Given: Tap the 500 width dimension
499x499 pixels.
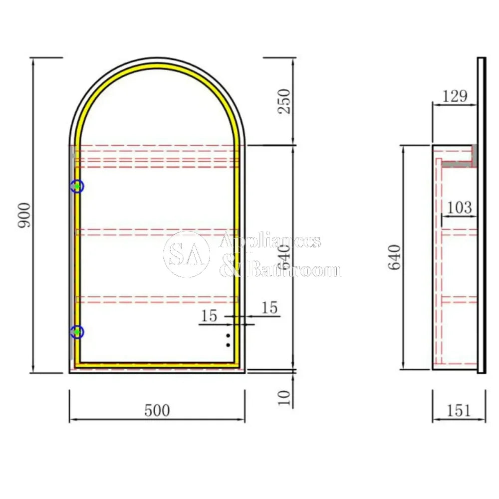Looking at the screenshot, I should tap(157, 411).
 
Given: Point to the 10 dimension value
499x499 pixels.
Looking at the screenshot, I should tap(284, 397).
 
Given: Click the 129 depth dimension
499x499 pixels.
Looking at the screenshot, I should tap(455, 96).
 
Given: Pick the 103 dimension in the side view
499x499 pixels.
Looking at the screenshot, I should tap(459, 207).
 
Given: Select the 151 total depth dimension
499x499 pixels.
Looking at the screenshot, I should tap(459, 411).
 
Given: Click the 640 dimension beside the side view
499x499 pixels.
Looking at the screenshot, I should tap(395, 257).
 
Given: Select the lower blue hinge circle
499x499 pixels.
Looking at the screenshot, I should tap(77, 332).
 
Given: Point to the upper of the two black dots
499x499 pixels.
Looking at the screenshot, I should tap(228, 335).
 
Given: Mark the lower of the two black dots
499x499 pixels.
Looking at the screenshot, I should tap(228, 345).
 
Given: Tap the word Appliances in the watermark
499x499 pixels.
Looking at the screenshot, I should tap(270, 242).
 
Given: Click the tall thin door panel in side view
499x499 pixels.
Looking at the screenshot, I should tap(482, 215).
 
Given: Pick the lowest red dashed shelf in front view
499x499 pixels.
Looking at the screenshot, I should tap(157, 299).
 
